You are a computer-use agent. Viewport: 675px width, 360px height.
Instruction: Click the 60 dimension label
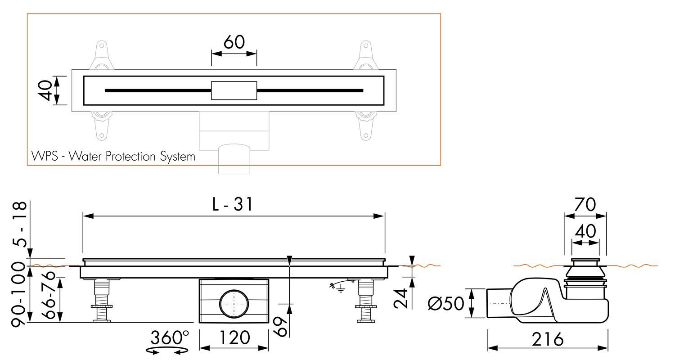[234, 42]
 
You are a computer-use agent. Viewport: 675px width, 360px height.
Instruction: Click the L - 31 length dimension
[232, 204]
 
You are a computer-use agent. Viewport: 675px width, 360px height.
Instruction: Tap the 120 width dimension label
[234, 337]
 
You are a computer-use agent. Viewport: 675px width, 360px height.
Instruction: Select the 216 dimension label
[547, 339]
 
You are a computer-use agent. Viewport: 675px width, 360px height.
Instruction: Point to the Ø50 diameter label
[446, 303]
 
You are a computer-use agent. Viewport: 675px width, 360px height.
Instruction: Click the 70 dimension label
[585, 205]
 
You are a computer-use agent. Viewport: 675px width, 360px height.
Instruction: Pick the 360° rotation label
[170, 337]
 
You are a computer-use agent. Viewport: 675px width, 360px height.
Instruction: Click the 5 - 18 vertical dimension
[20, 224]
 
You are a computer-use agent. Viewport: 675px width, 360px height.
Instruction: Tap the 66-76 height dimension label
[48, 295]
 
